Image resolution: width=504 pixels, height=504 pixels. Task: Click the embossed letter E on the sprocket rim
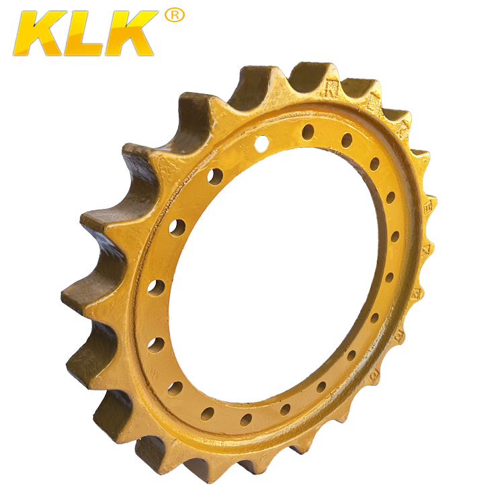(429, 209)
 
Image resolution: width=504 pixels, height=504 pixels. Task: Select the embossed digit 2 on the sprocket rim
(417, 292)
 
